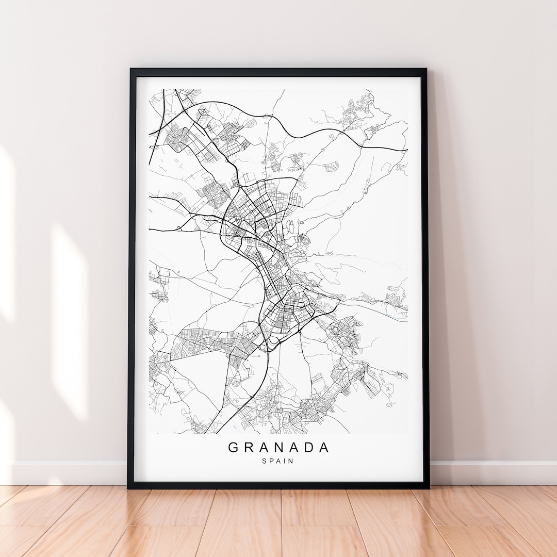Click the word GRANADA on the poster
[278, 447]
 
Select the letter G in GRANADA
[233, 447]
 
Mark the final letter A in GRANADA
[323, 447]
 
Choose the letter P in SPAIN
[272, 461]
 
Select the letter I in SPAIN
[285, 461]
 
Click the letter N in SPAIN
[291, 461]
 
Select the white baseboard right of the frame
[490, 472]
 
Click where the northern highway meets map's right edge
[407, 150]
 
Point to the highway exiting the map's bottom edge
[216, 433]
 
